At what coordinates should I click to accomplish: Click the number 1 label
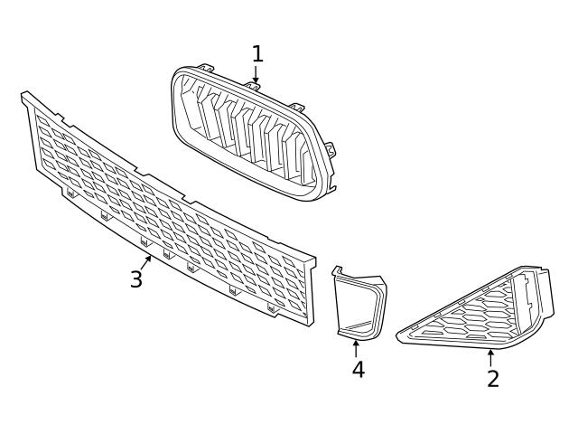257,54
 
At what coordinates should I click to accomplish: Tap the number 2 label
492,378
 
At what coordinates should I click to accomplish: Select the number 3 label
135,279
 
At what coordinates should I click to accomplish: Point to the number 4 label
359,370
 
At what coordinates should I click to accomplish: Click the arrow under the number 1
256,76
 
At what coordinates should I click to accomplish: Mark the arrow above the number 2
491,357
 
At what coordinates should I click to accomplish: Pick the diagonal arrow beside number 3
145,263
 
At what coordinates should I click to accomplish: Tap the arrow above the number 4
356,348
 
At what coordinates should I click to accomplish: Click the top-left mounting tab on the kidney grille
205,68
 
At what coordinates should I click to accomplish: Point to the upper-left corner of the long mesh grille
25,95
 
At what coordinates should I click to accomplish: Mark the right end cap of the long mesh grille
312,288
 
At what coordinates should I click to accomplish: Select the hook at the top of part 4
338,270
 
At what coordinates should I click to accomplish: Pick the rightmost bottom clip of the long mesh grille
271,308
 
